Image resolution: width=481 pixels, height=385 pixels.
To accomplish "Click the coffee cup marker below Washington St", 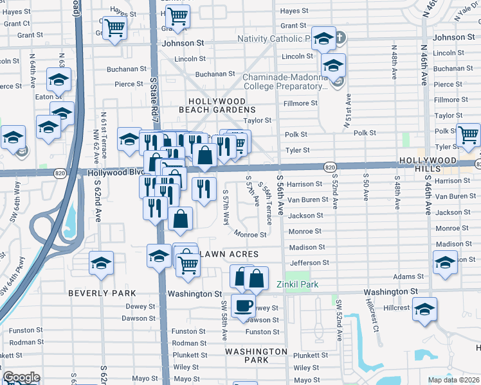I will click(x=244, y=306).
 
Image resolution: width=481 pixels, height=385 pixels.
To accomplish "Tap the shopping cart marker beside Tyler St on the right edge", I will click(x=469, y=135).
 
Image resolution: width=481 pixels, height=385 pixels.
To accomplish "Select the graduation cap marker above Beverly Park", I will click(x=101, y=264).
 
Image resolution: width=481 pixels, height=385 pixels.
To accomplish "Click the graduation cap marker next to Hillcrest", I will click(x=424, y=309).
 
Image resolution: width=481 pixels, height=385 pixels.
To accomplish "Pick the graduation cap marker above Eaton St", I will click(x=59, y=80).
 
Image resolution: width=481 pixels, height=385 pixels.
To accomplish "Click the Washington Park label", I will click(x=256, y=355).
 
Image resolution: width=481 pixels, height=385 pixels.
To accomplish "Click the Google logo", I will click(x=21, y=377).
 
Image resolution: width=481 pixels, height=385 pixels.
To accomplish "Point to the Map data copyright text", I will click(x=453, y=380).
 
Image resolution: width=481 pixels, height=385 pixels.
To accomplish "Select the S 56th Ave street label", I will click(x=280, y=195).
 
